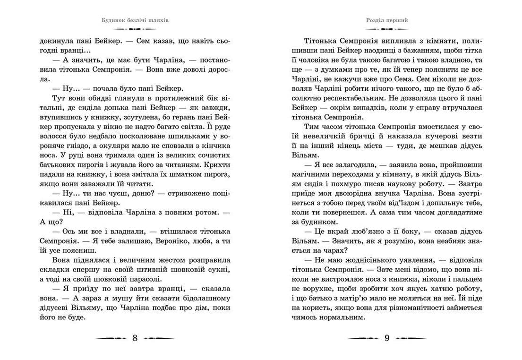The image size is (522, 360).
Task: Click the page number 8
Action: [135, 338]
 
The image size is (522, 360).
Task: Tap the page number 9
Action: [387, 338]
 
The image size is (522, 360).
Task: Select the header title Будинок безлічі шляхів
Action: [136, 21]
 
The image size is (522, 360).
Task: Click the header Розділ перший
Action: [387, 21]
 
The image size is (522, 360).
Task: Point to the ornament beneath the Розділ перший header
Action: [387, 29]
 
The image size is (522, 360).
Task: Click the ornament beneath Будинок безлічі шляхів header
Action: [136, 29]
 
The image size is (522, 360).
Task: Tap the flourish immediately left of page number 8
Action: [111, 338]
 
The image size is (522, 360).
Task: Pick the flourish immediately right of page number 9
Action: [410, 338]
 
